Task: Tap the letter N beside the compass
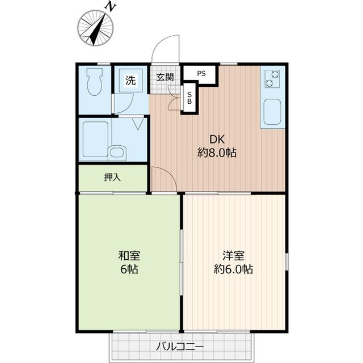[x=111, y=7]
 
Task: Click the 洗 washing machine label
[x=130, y=81]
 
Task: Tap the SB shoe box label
[x=189, y=97]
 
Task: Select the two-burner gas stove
[x=271, y=78]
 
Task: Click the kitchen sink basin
[x=273, y=111]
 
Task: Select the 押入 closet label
[x=112, y=177]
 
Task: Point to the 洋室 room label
[x=233, y=255]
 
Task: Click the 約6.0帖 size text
[x=233, y=269]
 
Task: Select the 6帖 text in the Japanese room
[x=129, y=269]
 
